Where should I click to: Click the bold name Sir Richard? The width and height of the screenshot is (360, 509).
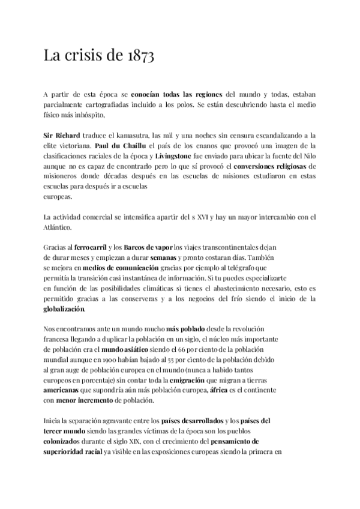pyautogui.click(x=63, y=136)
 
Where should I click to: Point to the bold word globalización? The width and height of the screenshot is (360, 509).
pyautogui.click(x=64, y=309)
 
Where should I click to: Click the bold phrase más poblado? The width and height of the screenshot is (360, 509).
pyautogui.click(x=187, y=330)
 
